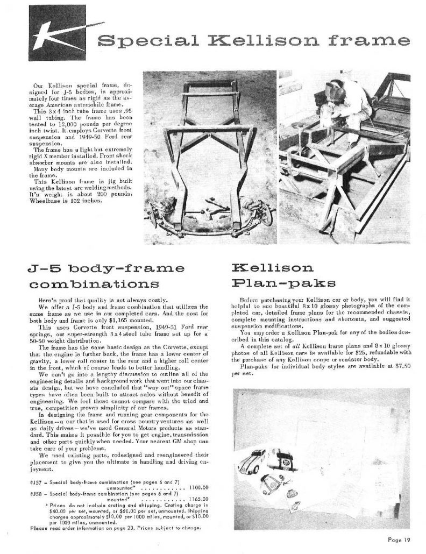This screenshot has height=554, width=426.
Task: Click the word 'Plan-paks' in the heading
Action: click(x=269, y=283)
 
